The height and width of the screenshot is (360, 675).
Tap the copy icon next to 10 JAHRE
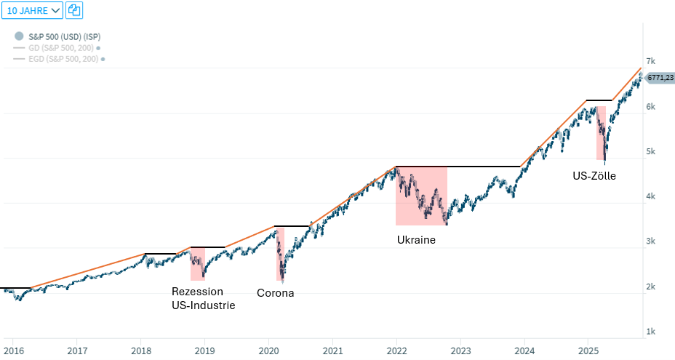74,10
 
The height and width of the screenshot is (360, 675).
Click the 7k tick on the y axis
651,61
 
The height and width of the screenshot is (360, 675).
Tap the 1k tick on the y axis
651,332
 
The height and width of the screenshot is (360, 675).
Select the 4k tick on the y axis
651,196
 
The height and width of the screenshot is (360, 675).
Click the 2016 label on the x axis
13,351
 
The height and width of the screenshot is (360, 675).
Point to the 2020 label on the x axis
269,351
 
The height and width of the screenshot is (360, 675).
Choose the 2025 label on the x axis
588,351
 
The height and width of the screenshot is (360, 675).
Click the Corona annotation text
276,293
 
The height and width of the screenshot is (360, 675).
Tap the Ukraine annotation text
416,239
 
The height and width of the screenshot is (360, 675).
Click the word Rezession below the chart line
197,292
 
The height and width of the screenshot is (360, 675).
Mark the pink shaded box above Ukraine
421,196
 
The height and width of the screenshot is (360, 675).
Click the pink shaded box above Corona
280,255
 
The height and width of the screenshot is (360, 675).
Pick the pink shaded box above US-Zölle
601,133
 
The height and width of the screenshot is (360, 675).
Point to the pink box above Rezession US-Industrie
197,264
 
